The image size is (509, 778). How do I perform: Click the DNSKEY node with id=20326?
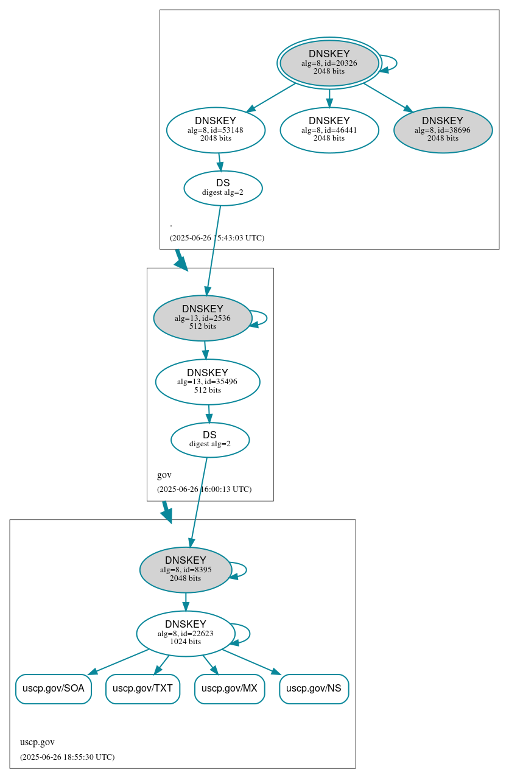[x=329, y=63]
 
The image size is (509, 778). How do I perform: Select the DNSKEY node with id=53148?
[x=216, y=130]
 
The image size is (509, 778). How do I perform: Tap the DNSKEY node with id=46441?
[x=329, y=130]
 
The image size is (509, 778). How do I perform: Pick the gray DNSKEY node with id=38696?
[x=443, y=130]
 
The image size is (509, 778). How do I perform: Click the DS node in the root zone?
[x=223, y=188]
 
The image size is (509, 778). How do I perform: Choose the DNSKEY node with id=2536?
[x=203, y=318]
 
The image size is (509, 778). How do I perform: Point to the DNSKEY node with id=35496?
[x=208, y=382]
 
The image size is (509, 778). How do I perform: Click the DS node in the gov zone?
[x=210, y=440]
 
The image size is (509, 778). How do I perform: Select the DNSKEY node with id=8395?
[x=186, y=570]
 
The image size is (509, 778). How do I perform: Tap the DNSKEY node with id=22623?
[x=186, y=634]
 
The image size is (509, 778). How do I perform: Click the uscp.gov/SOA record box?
[x=54, y=689]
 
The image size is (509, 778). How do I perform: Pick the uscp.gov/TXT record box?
[x=142, y=689]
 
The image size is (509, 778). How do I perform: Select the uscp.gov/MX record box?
[x=230, y=689]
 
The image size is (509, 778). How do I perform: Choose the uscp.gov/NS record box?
[x=314, y=689]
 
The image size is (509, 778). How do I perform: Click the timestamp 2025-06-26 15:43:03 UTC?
[x=217, y=237]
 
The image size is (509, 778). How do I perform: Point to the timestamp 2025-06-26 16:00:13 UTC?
[x=204, y=489]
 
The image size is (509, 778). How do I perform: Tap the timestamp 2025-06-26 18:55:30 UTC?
[x=67, y=757]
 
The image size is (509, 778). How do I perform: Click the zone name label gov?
[x=164, y=475]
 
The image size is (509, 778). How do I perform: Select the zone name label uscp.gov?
[x=37, y=742]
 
